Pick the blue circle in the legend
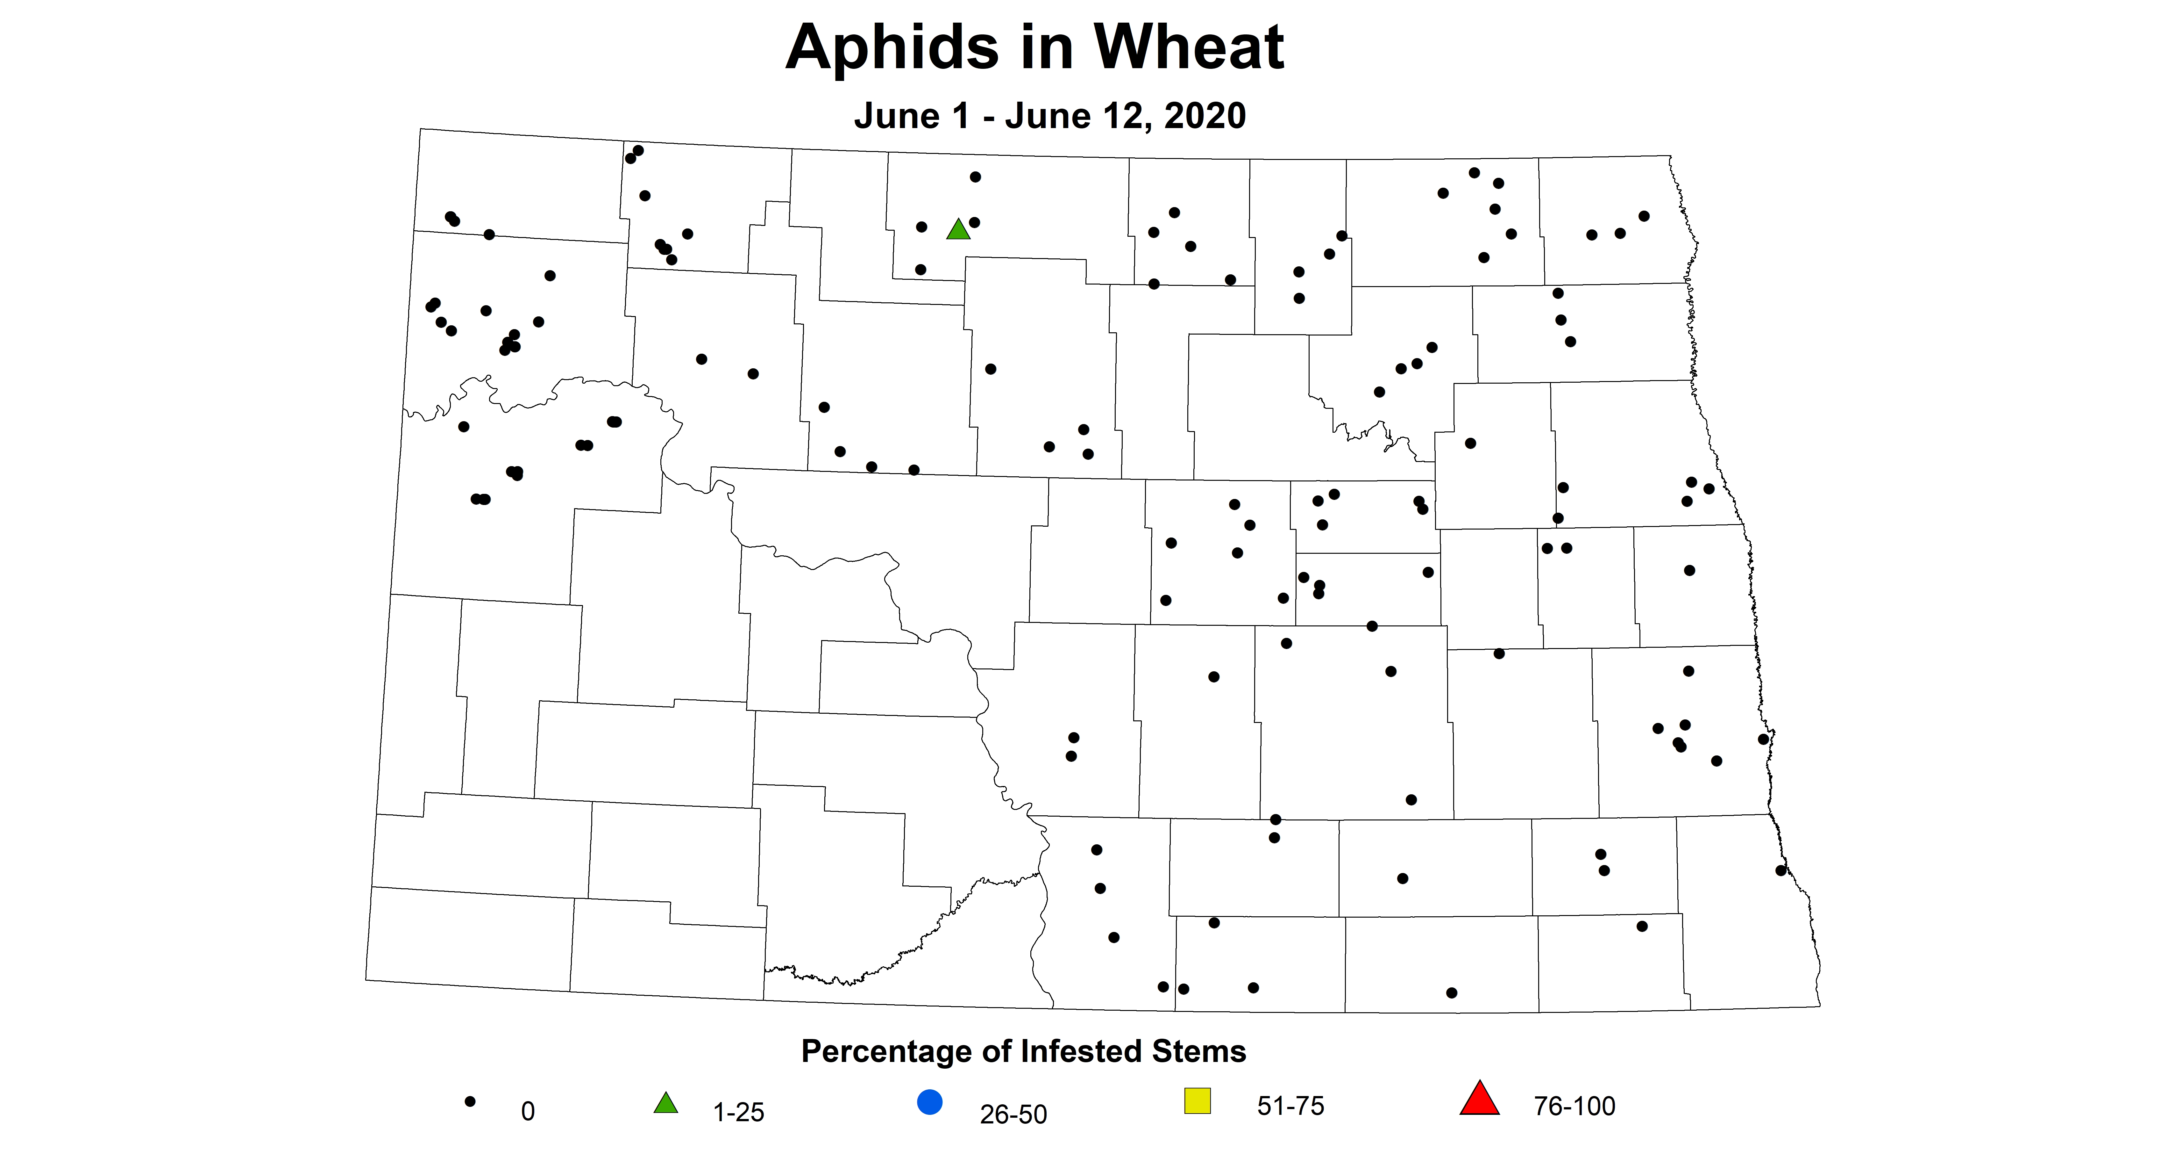tap(930, 1102)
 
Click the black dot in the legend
tap(470, 1101)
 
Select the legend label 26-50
tap(1013, 1114)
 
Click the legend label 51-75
tap(1290, 1106)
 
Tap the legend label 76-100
tap(1574, 1106)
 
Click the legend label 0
tap(528, 1112)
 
